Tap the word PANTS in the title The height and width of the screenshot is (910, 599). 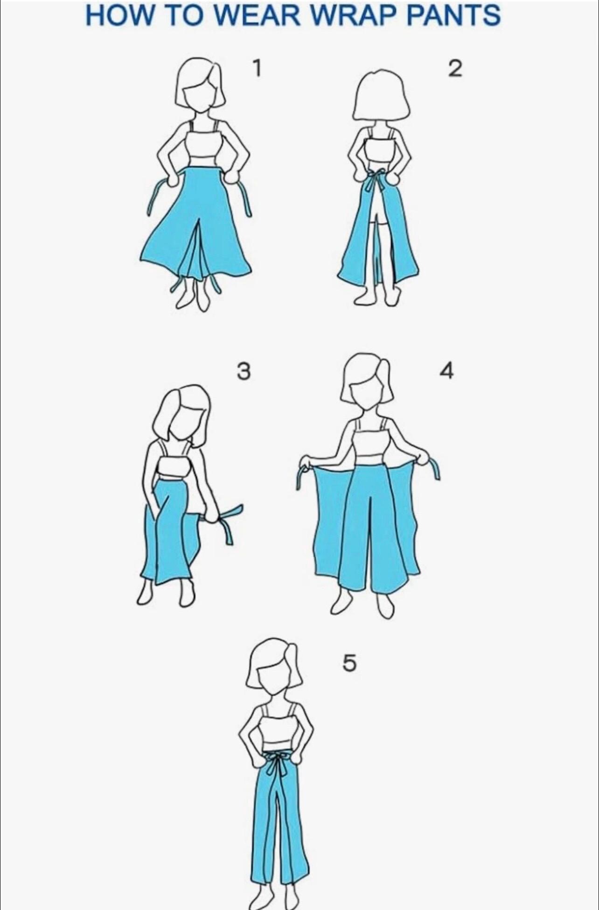(453, 15)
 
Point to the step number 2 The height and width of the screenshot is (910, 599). (454, 69)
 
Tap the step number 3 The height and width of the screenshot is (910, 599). (243, 372)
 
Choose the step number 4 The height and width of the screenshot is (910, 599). (446, 371)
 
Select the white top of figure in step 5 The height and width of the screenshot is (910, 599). (278, 732)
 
